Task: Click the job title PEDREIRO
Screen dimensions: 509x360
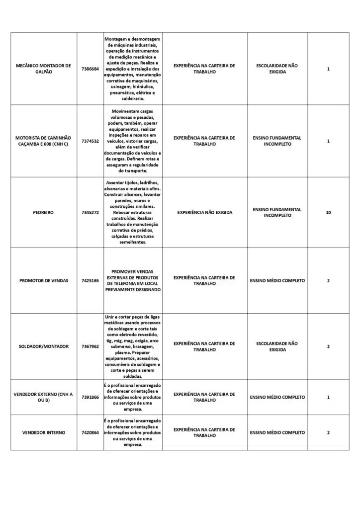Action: pos(43,212)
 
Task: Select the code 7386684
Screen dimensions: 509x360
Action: pos(90,69)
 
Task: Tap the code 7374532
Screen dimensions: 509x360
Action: pos(90,141)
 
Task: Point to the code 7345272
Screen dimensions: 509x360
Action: pos(90,212)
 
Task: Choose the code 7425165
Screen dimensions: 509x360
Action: pos(90,281)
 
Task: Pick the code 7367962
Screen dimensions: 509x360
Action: pos(90,346)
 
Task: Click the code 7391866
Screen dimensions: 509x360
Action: pos(90,397)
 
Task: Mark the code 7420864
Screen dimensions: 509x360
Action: pos(90,432)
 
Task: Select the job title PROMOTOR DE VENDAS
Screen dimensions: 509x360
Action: pos(44,281)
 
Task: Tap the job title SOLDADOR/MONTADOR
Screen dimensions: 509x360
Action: pos(43,346)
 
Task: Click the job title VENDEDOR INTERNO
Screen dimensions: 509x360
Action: pos(43,432)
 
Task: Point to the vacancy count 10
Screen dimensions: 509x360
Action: pos(328,212)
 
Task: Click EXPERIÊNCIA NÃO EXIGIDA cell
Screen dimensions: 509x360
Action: pos(204,212)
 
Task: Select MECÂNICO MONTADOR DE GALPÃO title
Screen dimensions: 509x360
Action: pos(43,69)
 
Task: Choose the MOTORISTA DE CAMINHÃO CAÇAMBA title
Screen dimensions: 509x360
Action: pos(43,141)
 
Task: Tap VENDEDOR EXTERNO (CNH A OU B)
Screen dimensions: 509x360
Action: pos(43,397)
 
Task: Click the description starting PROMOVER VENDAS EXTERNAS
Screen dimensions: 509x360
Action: pos(133,281)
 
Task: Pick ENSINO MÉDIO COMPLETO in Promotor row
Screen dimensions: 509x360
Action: pos(277,281)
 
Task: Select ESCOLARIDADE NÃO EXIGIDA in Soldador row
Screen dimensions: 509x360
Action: pos(277,346)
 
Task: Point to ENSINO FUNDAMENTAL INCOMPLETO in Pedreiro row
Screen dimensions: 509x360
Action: pos(277,212)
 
